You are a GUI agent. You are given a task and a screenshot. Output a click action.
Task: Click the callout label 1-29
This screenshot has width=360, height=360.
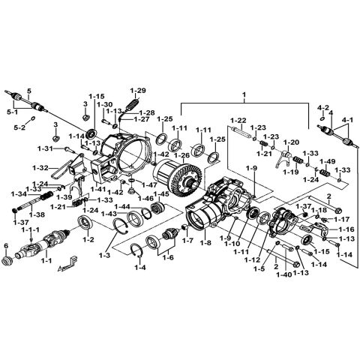pos(137,89)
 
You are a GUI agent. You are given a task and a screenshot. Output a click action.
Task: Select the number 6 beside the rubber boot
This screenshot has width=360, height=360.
pos(6,245)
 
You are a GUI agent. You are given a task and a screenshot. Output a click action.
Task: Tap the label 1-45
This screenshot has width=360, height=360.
pos(161,193)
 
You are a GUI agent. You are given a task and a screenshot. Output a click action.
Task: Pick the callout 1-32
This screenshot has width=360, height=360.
pos(40,167)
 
